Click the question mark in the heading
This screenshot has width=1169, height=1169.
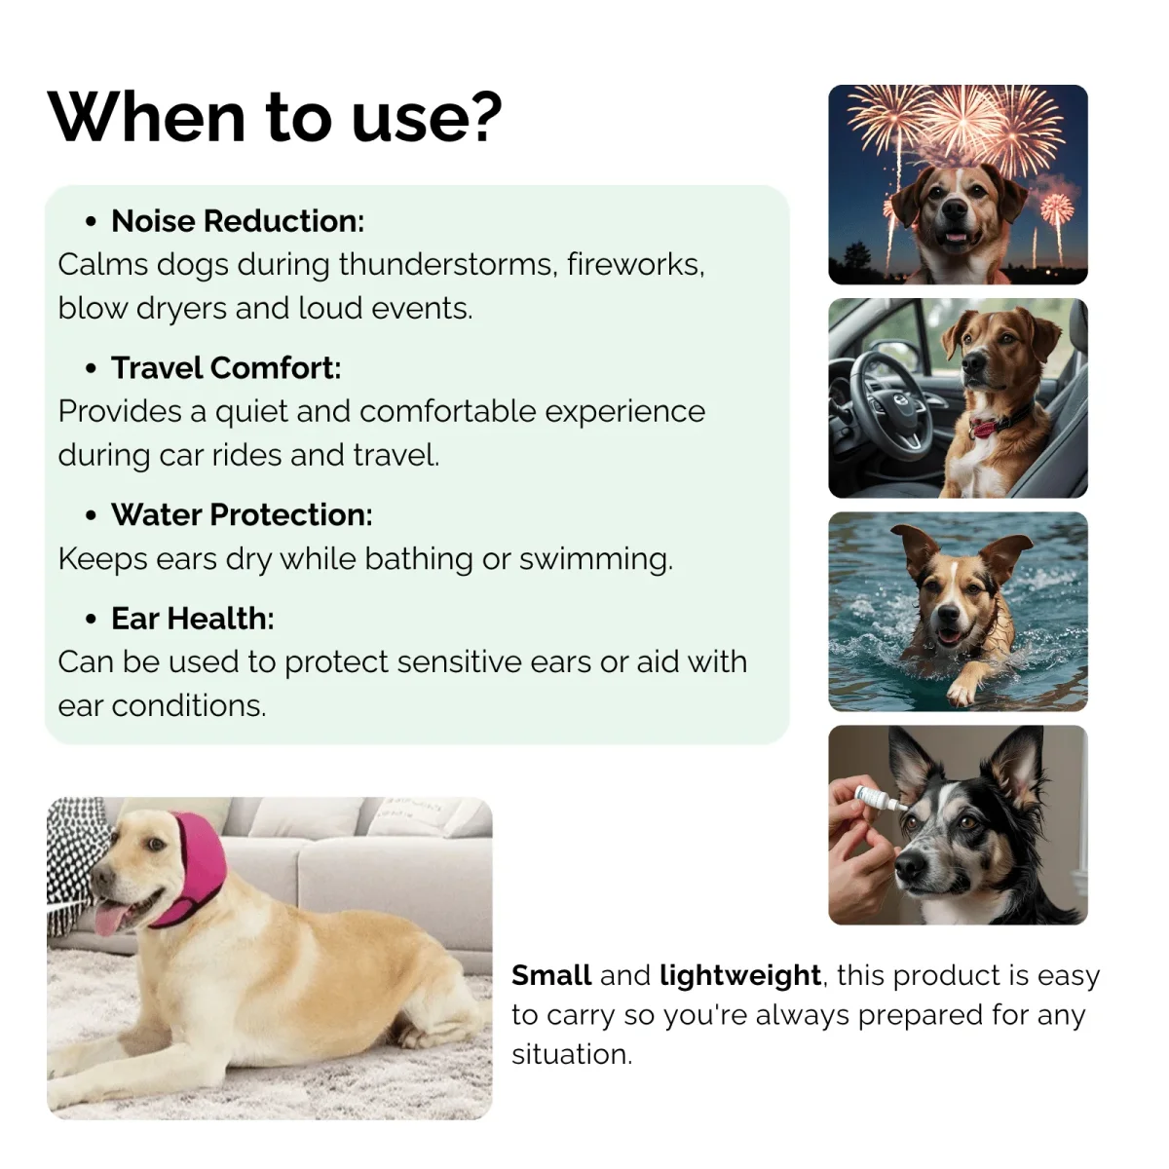click(x=483, y=116)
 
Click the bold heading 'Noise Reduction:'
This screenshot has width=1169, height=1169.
click(x=238, y=221)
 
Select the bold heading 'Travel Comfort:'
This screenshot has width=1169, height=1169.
click(x=226, y=367)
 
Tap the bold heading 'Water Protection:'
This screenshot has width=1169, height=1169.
click(x=242, y=514)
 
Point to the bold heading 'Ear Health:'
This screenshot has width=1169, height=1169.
click(x=193, y=619)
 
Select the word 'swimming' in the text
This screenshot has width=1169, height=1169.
click(x=596, y=559)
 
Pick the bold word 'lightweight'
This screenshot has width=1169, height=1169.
click(x=740, y=975)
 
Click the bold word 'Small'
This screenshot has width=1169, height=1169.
click(x=551, y=975)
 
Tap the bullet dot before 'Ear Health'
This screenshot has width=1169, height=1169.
click(x=91, y=620)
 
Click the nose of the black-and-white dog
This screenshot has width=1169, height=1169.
click(x=911, y=868)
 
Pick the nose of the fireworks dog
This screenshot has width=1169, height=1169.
click(x=955, y=208)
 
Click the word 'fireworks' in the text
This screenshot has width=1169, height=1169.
click(x=636, y=265)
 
